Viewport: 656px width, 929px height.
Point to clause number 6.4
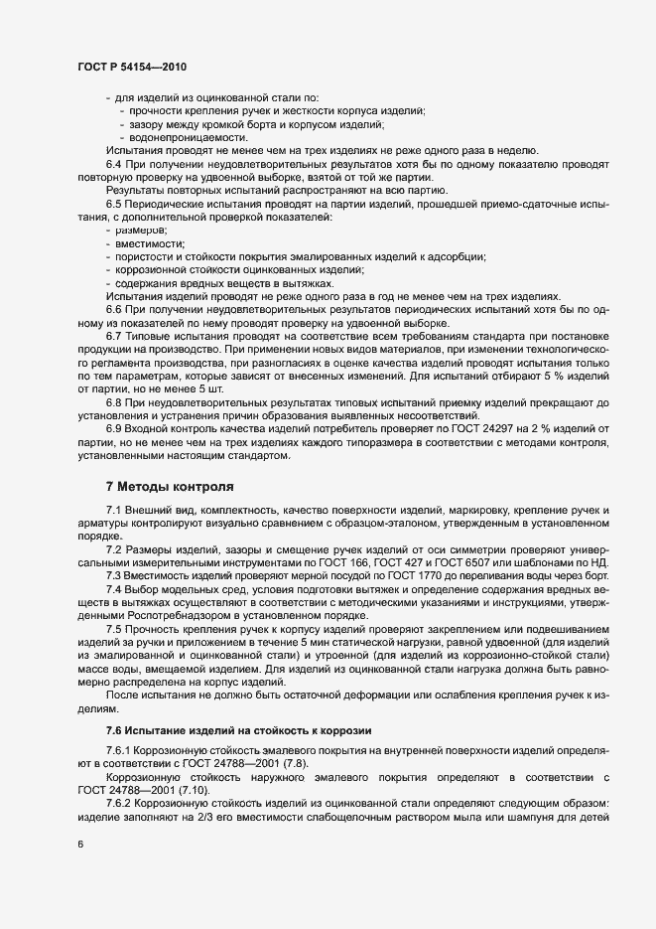[114, 163]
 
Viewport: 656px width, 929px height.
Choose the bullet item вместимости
[150, 242]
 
